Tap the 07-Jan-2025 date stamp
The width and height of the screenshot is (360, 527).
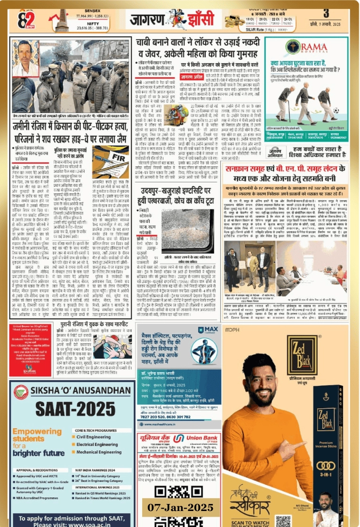coord(180,507)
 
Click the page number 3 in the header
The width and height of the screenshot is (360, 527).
coord(338,13)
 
